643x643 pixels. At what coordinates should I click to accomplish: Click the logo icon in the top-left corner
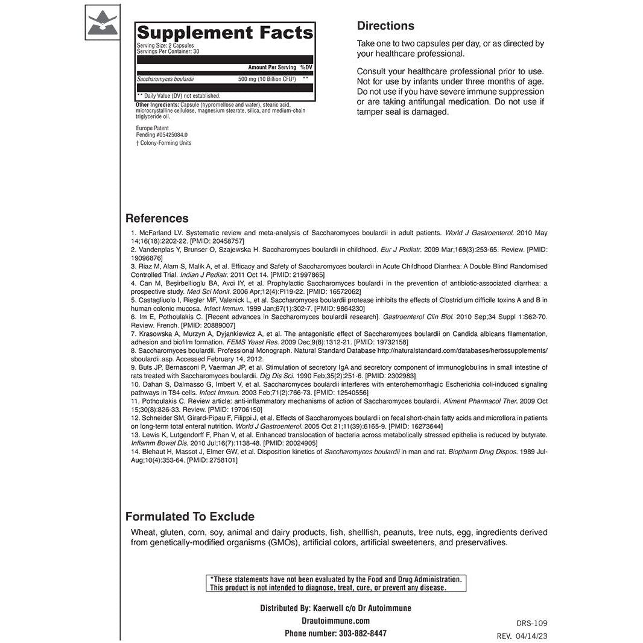pyautogui.click(x=103, y=22)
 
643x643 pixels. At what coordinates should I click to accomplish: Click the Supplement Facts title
pyautogui.click(x=225, y=33)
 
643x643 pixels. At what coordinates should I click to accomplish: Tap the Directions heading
pyautogui.click(x=385, y=26)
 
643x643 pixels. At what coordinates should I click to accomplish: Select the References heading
pyautogui.click(x=157, y=218)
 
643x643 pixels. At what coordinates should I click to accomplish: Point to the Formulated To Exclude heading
pyautogui.click(x=190, y=516)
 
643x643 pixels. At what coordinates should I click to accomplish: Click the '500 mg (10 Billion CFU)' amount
pyautogui.click(x=267, y=79)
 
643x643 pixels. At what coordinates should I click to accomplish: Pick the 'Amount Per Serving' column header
pyautogui.click(x=272, y=68)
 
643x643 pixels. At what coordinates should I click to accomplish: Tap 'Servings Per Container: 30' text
pyautogui.click(x=168, y=52)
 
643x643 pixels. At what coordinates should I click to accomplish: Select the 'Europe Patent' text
pyautogui.click(x=153, y=128)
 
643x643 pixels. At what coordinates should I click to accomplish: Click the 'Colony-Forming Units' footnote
pyautogui.click(x=166, y=143)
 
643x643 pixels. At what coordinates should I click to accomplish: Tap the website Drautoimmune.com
pyautogui.click(x=335, y=621)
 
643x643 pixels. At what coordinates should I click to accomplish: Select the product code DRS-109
pyautogui.click(x=532, y=623)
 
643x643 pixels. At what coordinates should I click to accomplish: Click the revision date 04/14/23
pyautogui.click(x=533, y=636)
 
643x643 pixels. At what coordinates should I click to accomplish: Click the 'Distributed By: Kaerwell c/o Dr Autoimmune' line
pyautogui.click(x=335, y=608)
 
